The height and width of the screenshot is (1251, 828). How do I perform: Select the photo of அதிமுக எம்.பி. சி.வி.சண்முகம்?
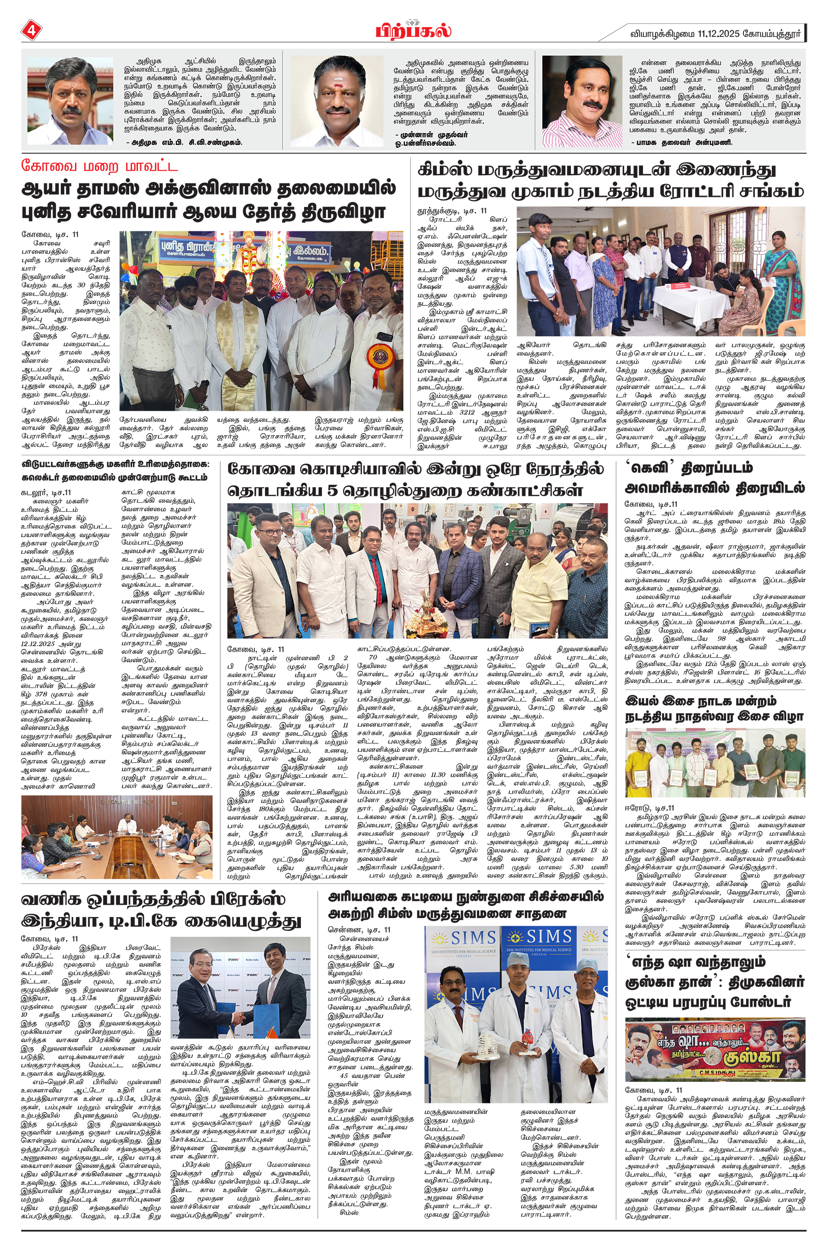(x=70, y=101)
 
